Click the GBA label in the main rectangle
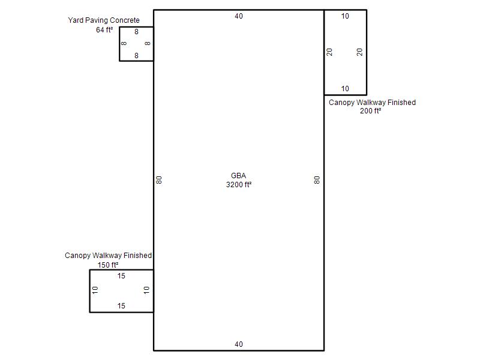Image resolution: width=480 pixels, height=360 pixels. tap(238, 176)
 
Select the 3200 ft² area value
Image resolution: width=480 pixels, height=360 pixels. tap(239, 185)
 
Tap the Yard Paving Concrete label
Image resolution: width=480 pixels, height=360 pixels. tap(104, 20)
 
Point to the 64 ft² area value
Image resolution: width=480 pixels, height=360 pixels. tap(104, 29)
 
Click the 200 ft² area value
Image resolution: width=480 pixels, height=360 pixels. tap(370, 111)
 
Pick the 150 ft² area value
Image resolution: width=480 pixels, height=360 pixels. tap(108, 265)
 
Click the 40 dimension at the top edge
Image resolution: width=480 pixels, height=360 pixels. tap(239, 16)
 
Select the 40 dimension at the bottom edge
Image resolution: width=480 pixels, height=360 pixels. tap(239, 344)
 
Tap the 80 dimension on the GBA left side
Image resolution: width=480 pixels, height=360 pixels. tap(159, 180)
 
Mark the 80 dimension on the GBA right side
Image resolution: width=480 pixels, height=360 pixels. tap(317, 180)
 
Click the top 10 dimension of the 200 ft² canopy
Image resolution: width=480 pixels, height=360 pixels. tap(345, 16)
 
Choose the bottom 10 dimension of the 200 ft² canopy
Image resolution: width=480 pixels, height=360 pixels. tap(345, 89)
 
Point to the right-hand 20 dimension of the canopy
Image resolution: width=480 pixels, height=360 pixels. tap(359, 52)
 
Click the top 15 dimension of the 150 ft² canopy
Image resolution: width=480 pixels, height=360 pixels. tap(121, 276)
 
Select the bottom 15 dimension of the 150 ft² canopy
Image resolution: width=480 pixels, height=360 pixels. tap(121, 306)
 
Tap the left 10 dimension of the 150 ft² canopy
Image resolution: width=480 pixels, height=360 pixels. tap(95, 290)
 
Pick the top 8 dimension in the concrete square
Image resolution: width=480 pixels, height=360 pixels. tap(137, 32)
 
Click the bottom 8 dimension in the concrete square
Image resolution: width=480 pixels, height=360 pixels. tap(137, 56)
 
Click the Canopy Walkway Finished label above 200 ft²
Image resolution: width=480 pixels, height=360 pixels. tap(372, 103)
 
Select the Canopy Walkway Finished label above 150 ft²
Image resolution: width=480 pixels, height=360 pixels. tap(108, 256)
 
